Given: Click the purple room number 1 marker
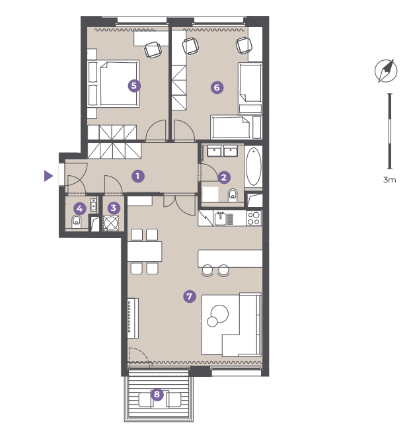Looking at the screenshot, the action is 137,177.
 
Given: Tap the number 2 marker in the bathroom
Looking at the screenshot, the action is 224,177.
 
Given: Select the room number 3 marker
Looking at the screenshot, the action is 114,208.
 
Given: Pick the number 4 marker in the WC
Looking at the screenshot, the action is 80,209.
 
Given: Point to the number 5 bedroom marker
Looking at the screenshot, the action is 134,85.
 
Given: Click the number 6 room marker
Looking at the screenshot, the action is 217,87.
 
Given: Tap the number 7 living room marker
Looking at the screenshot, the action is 190,296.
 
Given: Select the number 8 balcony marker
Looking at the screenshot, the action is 157,394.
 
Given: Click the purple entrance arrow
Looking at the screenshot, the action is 48,176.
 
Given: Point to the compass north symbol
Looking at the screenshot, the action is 386,71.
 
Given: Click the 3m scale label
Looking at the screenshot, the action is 390,180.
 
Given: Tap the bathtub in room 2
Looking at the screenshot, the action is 253,167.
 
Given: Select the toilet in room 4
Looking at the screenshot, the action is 76,221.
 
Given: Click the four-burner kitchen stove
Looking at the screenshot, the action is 254,218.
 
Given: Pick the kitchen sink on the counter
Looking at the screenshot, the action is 221,219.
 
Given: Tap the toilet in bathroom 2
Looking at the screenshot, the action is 233,195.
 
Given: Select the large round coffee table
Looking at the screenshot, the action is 220,313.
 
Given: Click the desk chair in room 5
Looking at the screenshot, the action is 153,50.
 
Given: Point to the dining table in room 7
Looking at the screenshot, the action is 145,251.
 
